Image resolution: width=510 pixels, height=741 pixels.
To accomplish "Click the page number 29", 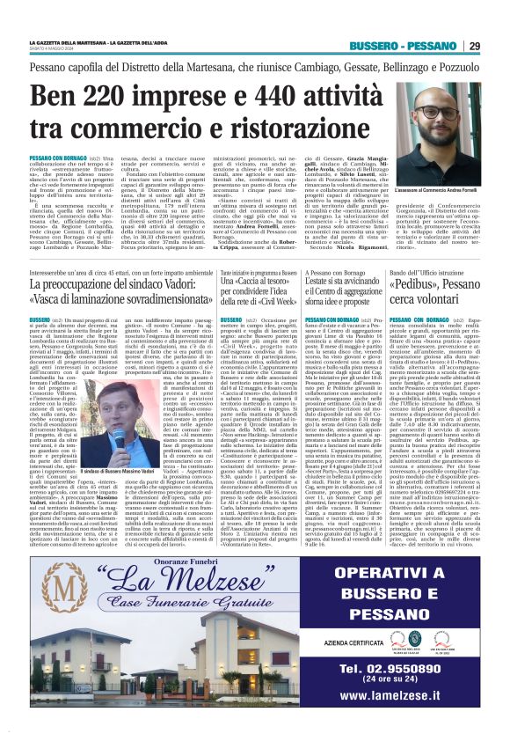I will (x=473, y=46).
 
